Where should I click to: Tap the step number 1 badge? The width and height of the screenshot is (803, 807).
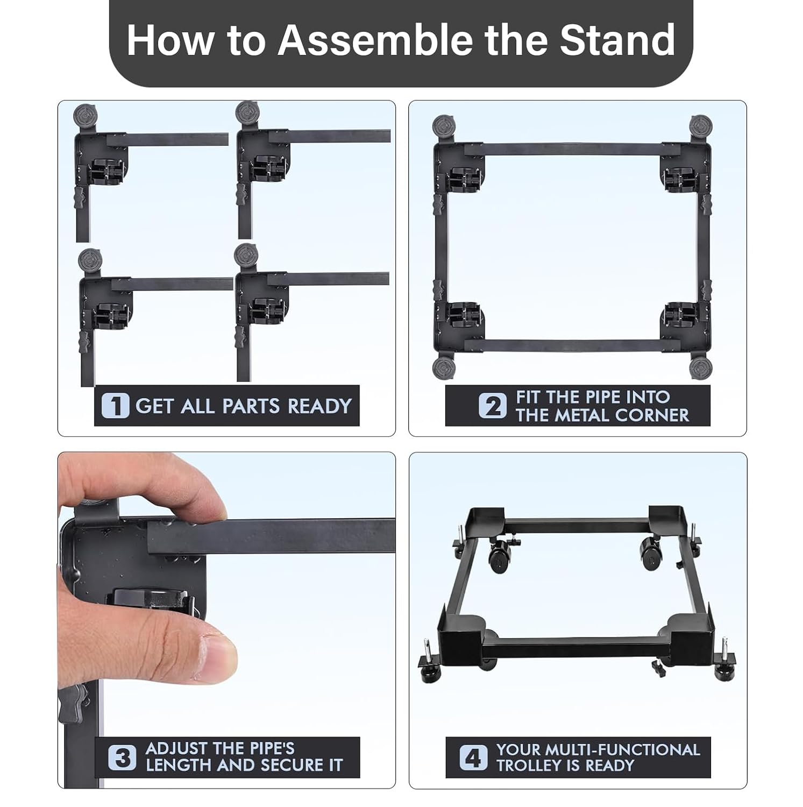115,406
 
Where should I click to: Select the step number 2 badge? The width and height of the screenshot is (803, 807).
493,406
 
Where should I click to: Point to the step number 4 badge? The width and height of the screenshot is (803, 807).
473,758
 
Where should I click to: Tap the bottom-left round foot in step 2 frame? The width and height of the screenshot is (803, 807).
444,369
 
